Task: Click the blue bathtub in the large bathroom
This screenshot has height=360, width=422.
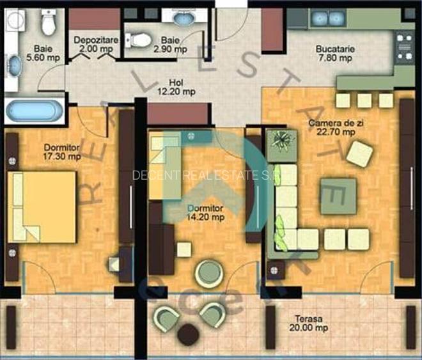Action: tap(35, 111)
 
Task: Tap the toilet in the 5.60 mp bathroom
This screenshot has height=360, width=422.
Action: tap(47, 22)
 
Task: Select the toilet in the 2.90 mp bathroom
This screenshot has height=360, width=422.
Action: tap(136, 41)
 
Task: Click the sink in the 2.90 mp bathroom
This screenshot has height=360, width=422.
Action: tap(184, 19)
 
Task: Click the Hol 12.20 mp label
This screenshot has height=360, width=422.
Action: tap(177, 87)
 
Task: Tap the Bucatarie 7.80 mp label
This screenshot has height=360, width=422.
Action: tap(334, 53)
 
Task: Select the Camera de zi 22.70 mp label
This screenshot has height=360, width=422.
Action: tap(331, 128)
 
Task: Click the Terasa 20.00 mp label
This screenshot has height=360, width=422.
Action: tap(313, 324)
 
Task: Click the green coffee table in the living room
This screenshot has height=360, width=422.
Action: tap(338, 196)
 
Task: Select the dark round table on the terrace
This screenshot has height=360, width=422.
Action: tap(188, 334)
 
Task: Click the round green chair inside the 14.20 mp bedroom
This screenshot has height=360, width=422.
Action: tap(208, 274)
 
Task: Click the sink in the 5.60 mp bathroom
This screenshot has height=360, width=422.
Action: tap(15, 65)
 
